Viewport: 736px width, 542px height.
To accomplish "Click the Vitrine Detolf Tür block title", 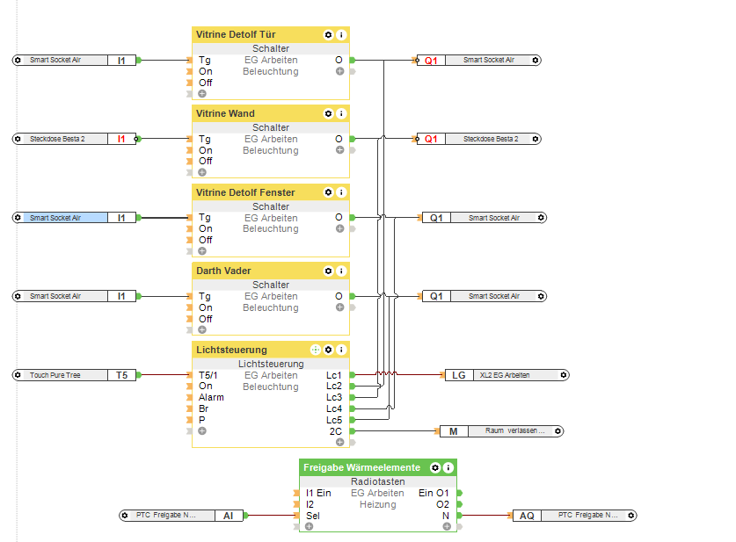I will click(x=235, y=35).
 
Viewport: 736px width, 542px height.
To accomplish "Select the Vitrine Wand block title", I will click(x=225, y=113).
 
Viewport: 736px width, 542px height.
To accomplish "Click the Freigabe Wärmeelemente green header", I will click(x=361, y=467).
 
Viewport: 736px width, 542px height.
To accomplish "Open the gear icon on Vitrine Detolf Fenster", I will click(x=328, y=192).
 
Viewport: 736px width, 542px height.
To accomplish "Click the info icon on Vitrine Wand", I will click(x=341, y=113).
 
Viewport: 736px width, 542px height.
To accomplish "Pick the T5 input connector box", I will click(x=121, y=375).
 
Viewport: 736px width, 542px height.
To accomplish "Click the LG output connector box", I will click(x=459, y=375).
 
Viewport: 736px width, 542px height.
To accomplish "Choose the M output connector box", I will click(x=454, y=431).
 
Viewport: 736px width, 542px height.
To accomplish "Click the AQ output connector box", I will click(x=526, y=516).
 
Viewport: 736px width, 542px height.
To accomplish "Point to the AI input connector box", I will click(x=228, y=516).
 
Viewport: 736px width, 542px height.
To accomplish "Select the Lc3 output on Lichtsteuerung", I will click(x=334, y=397).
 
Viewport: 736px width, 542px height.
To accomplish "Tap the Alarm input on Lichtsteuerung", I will click(x=211, y=397).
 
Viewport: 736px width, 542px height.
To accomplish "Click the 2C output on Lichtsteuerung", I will click(x=336, y=431).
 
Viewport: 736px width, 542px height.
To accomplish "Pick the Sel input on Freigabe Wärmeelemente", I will click(x=313, y=516).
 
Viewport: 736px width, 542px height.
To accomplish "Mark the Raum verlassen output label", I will click(x=516, y=431).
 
